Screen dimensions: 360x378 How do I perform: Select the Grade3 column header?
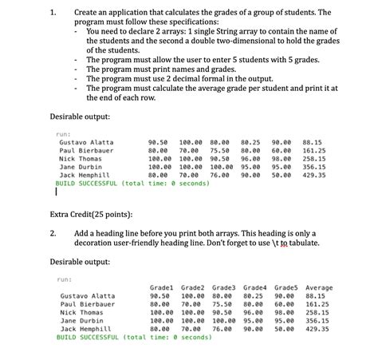224,287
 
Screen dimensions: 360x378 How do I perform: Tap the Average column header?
319,287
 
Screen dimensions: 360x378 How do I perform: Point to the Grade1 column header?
163,287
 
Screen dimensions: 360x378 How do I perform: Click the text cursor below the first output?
57,192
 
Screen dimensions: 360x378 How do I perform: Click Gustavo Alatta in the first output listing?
86,142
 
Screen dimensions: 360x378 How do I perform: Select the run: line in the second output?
65,279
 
